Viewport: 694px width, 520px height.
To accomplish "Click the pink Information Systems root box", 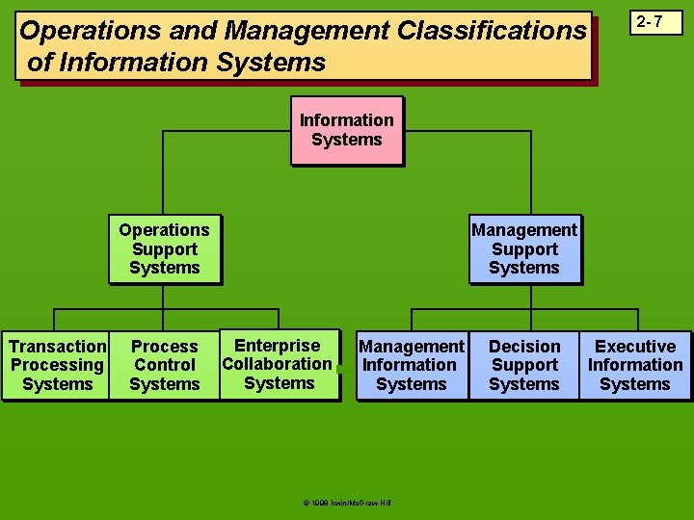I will pos(346,130).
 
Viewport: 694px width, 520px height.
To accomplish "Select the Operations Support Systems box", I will pos(164,248).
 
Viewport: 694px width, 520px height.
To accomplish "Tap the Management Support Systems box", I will pos(524,248).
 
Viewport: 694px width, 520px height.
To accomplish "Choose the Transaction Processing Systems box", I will pos(57,365).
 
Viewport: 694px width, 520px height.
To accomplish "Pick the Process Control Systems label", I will pos(164,365).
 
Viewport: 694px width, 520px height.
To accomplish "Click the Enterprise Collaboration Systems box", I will pos(279,364).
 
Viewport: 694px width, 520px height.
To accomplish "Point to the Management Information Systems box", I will pos(412,365).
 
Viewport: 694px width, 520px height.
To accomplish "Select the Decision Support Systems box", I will pos(524,365).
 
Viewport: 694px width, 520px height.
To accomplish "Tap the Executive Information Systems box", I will pos(635,365).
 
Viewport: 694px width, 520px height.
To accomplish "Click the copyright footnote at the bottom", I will pos(346,502).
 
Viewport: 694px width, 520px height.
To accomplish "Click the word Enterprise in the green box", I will pos(278,346).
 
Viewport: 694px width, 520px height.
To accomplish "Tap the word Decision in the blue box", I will pos(524,347).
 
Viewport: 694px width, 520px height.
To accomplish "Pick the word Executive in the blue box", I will pos(635,347).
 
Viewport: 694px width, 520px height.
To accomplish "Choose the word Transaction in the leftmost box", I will pos(58,347).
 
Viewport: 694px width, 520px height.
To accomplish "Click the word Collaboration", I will pos(278,364).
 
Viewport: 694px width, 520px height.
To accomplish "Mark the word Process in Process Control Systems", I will pos(164,347).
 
